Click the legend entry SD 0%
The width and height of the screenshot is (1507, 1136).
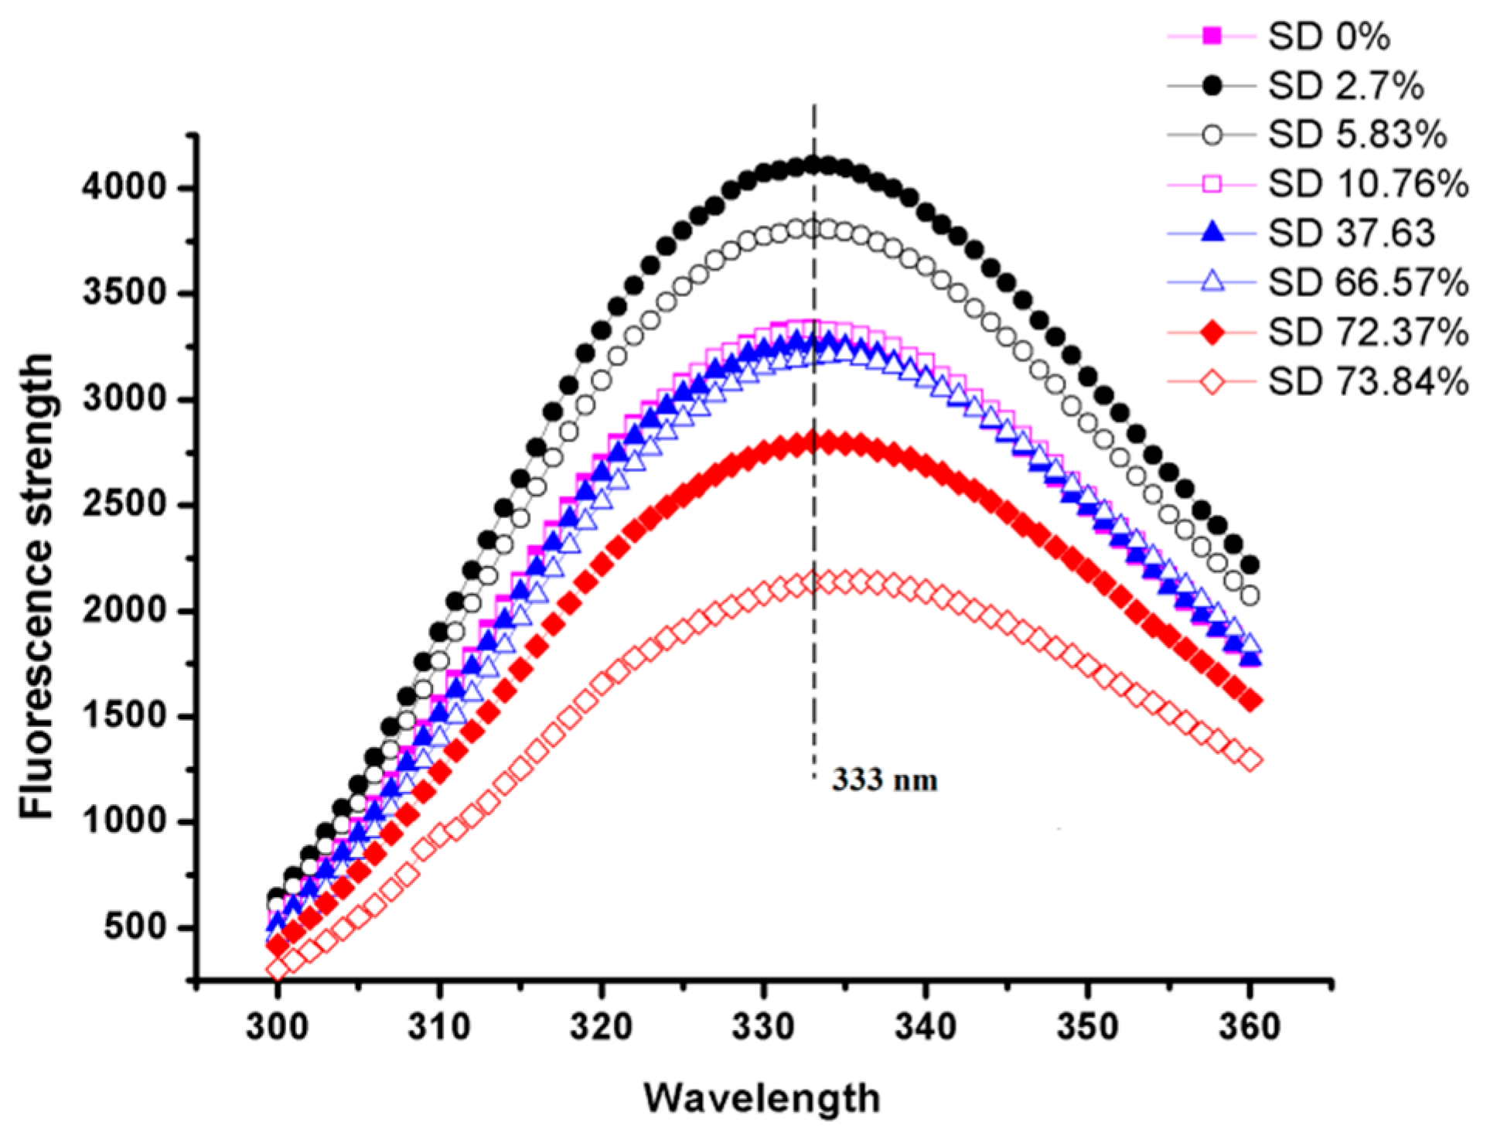point(1328,36)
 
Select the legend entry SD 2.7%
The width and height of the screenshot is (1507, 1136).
point(1345,86)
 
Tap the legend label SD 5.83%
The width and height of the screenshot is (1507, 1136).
point(1356,135)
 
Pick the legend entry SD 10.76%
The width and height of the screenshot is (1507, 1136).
point(1367,184)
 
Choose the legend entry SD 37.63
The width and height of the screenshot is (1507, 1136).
point(1351,233)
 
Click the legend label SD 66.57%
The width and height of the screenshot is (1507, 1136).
point(1367,282)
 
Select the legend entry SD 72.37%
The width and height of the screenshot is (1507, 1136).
point(1367,332)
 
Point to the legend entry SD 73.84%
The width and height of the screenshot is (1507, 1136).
point(1367,381)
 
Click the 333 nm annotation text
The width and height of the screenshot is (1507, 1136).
point(885,780)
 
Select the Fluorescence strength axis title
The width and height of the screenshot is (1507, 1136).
point(37,585)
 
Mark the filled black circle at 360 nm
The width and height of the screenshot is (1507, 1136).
point(1250,565)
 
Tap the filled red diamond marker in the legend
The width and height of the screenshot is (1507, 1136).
point(1212,333)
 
